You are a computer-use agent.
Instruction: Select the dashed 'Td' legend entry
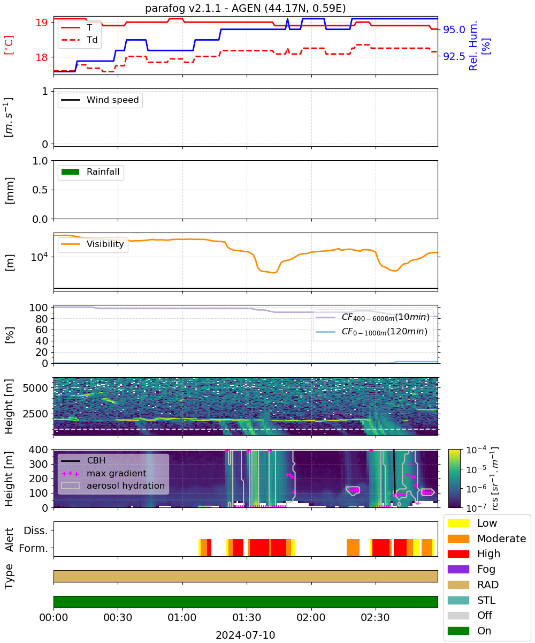pos(79,40)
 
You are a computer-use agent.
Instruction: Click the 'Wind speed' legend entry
pos(100,100)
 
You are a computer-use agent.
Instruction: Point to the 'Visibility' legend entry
pos(92,244)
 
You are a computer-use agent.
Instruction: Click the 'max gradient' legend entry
pos(104,473)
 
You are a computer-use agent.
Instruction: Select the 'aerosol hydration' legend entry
pos(113,485)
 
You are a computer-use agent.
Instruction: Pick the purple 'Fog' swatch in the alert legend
pos(458,569)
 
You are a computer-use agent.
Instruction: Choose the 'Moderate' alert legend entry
pos(487,539)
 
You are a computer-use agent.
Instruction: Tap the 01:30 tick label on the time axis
pos(247,617)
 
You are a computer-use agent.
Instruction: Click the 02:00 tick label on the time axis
pos(311,617)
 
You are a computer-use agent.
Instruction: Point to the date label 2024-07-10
pos(246,635)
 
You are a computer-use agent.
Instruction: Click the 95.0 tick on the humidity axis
pos(454,29)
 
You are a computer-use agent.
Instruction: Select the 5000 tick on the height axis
pos(35,388)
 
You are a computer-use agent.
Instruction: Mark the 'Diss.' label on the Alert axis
pos(36,530)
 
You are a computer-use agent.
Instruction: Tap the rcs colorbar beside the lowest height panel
pos(454,478)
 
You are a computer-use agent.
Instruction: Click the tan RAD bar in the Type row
pos(246,576)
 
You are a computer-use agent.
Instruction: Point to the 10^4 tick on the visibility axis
pos(40,257)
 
